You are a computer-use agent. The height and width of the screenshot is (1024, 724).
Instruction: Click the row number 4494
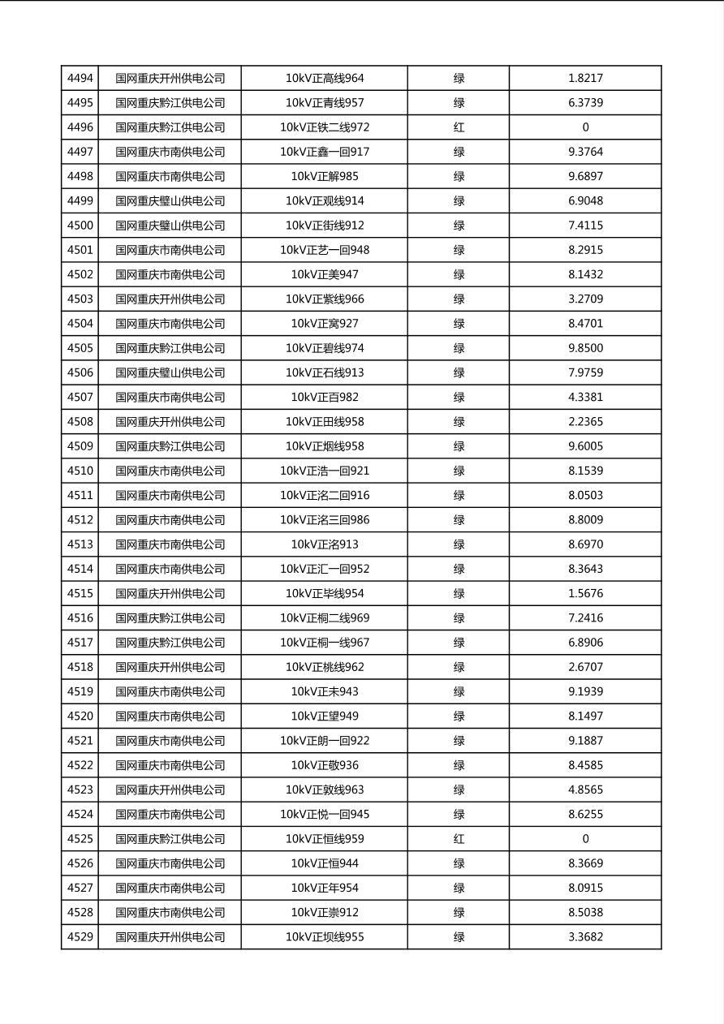(80, 79)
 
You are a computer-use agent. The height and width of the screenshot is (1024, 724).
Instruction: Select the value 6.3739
(585, 103)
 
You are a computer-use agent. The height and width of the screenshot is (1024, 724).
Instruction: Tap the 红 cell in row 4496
(459, 127)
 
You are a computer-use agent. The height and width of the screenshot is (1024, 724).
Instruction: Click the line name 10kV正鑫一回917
(325, 152)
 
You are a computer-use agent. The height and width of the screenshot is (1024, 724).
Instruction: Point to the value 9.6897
(585, 176)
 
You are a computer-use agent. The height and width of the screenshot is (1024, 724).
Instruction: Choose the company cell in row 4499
(170, 201)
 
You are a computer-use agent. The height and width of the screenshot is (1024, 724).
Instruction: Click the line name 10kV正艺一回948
(325, 250)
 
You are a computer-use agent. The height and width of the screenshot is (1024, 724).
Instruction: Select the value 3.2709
(585, 299)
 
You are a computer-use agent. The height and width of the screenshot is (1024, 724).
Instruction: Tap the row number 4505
(80, 348)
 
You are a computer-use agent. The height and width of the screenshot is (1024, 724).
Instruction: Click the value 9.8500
(585, 348)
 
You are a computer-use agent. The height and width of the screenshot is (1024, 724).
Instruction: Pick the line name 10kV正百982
(325, 397)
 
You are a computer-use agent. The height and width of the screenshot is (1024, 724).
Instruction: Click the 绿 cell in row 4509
(459, 446)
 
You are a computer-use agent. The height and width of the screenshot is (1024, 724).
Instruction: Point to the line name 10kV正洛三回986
(325, 519)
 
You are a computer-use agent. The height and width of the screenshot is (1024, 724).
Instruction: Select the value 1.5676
(585, 593)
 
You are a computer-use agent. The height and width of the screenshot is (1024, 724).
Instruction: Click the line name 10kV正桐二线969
(325, 617)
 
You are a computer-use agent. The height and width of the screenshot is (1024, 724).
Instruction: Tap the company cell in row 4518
(170, 667)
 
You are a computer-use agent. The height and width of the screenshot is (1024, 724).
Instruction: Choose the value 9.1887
(585, 741)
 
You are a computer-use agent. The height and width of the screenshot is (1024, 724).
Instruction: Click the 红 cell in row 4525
(459, 839)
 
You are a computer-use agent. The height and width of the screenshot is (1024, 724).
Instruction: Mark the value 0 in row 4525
(585, 839)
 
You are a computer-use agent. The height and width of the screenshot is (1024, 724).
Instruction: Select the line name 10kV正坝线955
(325, 937)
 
